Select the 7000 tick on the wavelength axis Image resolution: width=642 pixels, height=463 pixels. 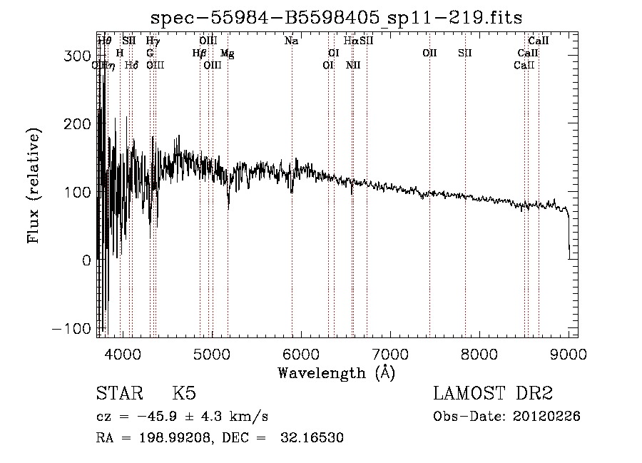390,354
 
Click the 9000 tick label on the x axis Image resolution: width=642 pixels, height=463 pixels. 569,354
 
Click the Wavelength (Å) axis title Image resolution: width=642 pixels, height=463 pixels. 336,372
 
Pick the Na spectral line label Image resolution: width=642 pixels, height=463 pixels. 291,41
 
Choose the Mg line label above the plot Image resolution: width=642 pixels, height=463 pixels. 227,53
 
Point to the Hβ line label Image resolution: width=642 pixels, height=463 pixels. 199,53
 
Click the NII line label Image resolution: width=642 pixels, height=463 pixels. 353,65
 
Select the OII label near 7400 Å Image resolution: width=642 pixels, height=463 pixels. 429,53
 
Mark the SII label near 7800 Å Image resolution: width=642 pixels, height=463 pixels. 465,53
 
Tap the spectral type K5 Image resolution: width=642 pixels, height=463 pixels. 184,394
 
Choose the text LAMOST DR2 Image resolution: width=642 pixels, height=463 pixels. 493,394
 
